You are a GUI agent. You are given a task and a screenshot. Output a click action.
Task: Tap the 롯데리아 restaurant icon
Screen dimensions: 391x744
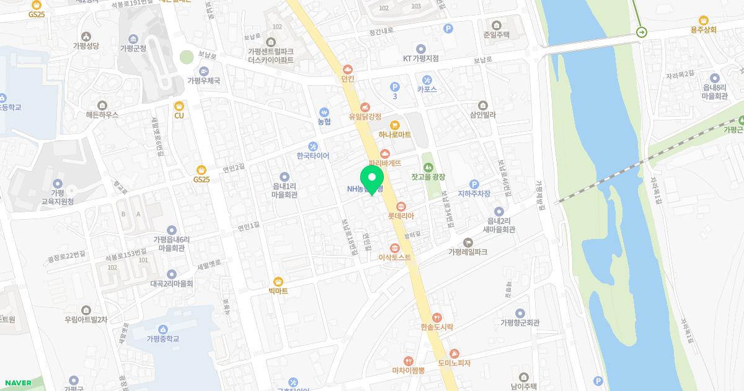click(401, 205)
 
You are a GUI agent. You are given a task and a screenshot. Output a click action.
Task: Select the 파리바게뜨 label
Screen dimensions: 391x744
click(385, 163)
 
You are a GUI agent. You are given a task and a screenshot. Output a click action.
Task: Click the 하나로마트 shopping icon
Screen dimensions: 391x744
click(395, 124)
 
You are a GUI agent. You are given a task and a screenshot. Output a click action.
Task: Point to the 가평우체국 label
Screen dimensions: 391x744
click(203, 81)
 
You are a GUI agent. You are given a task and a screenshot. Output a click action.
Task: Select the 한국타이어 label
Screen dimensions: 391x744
click(312, 156)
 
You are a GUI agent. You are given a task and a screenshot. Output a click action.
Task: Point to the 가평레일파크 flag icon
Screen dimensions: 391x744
click(467, 242)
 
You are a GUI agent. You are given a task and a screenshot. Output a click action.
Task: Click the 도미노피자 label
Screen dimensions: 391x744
click(454, 362)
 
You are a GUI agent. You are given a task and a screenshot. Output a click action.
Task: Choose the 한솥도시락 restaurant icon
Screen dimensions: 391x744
click(437, 317)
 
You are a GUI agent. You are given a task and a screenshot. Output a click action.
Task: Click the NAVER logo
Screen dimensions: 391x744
click(17, 383)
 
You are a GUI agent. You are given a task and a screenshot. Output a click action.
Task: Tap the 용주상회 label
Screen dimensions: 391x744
click(703, 29)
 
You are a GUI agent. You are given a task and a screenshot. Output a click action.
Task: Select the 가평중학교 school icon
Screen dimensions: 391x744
click(162, 328)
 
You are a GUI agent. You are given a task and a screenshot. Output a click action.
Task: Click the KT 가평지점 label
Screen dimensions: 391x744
click(420, 58)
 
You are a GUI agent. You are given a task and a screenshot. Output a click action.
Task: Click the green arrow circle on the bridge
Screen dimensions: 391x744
click(642, 32)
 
